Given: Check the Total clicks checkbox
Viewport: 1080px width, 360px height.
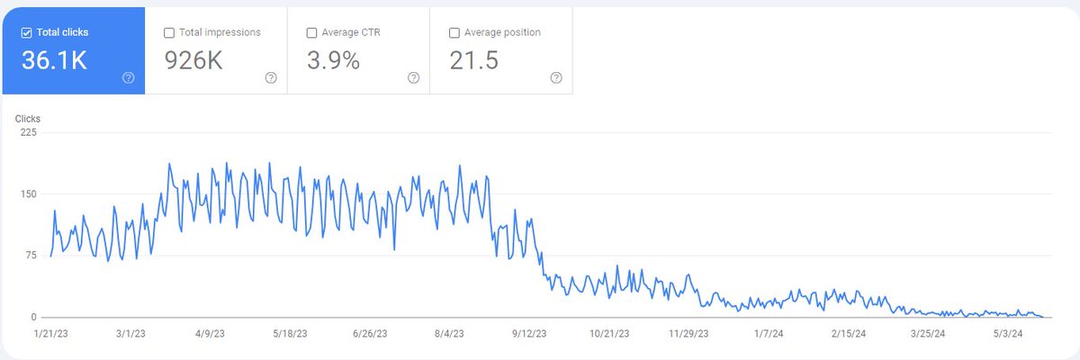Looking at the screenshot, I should click(26, 33).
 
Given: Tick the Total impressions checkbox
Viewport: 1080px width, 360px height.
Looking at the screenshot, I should click(169, 33).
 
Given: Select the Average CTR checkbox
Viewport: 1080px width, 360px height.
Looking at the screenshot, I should click(312, 33).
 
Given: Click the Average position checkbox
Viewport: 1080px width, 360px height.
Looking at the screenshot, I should click(454, 33).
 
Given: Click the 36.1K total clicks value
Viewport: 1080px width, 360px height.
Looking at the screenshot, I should click(55, 61).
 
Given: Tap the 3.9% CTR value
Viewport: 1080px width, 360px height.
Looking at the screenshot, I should click(333, 61).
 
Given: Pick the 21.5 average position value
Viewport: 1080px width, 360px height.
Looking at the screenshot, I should click(474, 61).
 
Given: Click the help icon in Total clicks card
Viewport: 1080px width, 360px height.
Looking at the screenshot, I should click(128, 78).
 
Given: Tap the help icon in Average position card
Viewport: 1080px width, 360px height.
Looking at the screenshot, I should click(556, 78).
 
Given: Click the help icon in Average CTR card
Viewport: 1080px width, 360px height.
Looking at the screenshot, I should click(413, 78).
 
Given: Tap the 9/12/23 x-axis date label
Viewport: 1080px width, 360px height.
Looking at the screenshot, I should click(529, 333).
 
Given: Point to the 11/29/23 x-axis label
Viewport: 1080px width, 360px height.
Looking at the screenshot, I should click(688, 333).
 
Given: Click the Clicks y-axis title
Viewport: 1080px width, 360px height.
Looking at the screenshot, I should click(28, 118).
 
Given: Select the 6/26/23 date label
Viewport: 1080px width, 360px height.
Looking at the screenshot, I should click(369, 333).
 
